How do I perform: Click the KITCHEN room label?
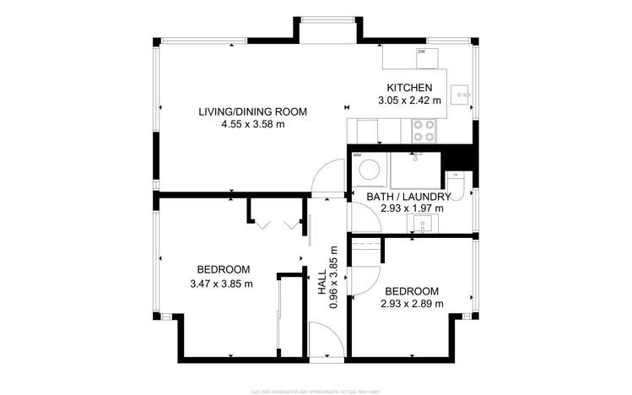coord(409,88)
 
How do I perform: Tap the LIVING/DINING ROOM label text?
coord(252,111)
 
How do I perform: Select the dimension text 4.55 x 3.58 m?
coord(252,124)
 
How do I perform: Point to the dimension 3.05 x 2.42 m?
coord(409,100)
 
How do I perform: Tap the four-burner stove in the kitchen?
coord(423,130)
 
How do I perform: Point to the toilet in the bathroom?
coord(456,185)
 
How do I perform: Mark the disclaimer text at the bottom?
coord(316,391)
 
